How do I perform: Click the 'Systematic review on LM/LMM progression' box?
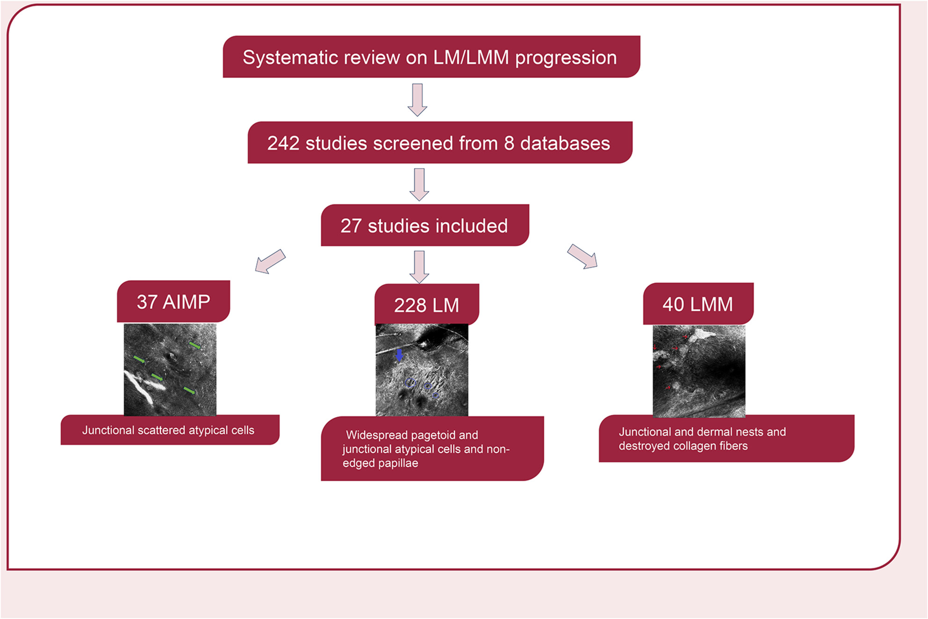coord(431,57)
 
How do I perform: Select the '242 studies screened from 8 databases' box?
coord(440,142)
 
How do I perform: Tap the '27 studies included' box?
coord(425,225)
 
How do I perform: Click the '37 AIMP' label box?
coord(173,301)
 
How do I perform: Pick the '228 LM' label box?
coord(427,304)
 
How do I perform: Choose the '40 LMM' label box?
coord(698,304)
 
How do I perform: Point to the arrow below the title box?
coord(417,100)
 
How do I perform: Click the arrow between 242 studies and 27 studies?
coord(419,185)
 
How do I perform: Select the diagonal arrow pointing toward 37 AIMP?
coord(270,261)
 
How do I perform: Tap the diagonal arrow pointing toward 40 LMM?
coord(583,256)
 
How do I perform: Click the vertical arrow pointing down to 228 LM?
coord(419,267)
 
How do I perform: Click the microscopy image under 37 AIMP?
coord(170,369)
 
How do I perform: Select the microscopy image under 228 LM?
coord(422,370)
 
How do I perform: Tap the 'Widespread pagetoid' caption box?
coord(432,448)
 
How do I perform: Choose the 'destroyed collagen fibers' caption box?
coord(727,438)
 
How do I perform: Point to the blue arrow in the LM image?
coord(399,355)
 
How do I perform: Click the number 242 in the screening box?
coord(283,143)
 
